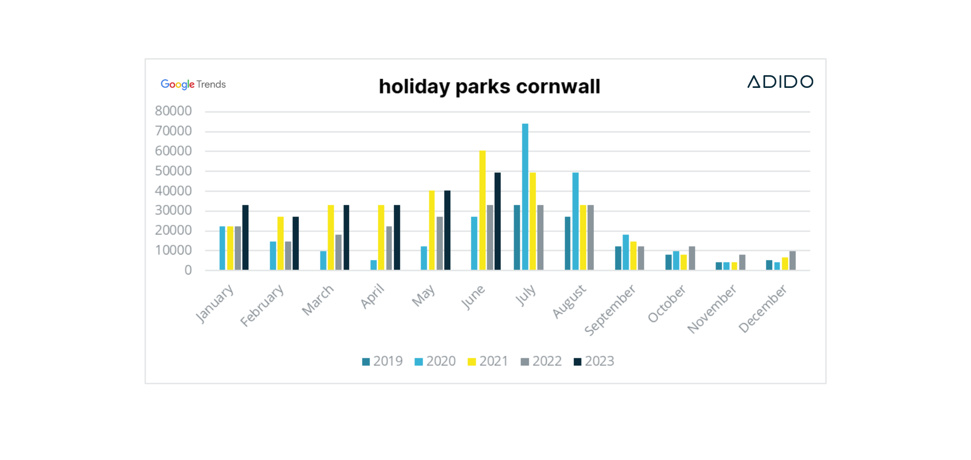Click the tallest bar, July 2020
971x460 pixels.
525,197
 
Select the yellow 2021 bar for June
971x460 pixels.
482,211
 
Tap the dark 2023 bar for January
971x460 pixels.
245,238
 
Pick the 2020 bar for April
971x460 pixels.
374,265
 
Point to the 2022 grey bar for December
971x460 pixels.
793,261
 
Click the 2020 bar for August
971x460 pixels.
575,221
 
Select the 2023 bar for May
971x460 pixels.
447,231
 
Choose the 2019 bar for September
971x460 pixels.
618,258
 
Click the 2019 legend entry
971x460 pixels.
382,361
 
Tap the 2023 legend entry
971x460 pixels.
594,361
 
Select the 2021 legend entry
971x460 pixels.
488,361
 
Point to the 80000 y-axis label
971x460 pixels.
173,111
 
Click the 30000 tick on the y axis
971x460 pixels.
173,211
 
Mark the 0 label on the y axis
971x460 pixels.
188,270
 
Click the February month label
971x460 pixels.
262,305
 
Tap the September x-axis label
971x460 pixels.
610,310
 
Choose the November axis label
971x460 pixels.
712,309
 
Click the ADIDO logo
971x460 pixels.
780,82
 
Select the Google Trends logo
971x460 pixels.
193,84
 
